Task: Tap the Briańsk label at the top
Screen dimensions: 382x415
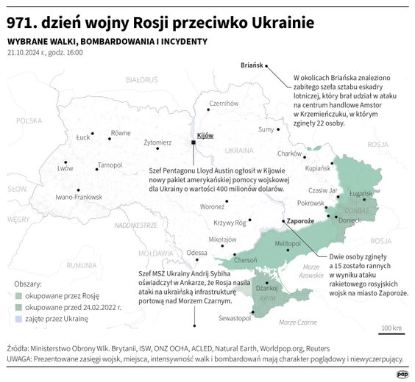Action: pos(252,65)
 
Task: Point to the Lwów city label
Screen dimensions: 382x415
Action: pos(65,168)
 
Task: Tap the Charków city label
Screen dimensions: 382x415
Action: pos(290,154)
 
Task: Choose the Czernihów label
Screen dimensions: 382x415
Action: pos(225,104)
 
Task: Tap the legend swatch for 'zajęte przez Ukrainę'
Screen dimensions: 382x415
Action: pos(18,319)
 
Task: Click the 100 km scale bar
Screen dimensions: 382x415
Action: pos(391,331)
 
